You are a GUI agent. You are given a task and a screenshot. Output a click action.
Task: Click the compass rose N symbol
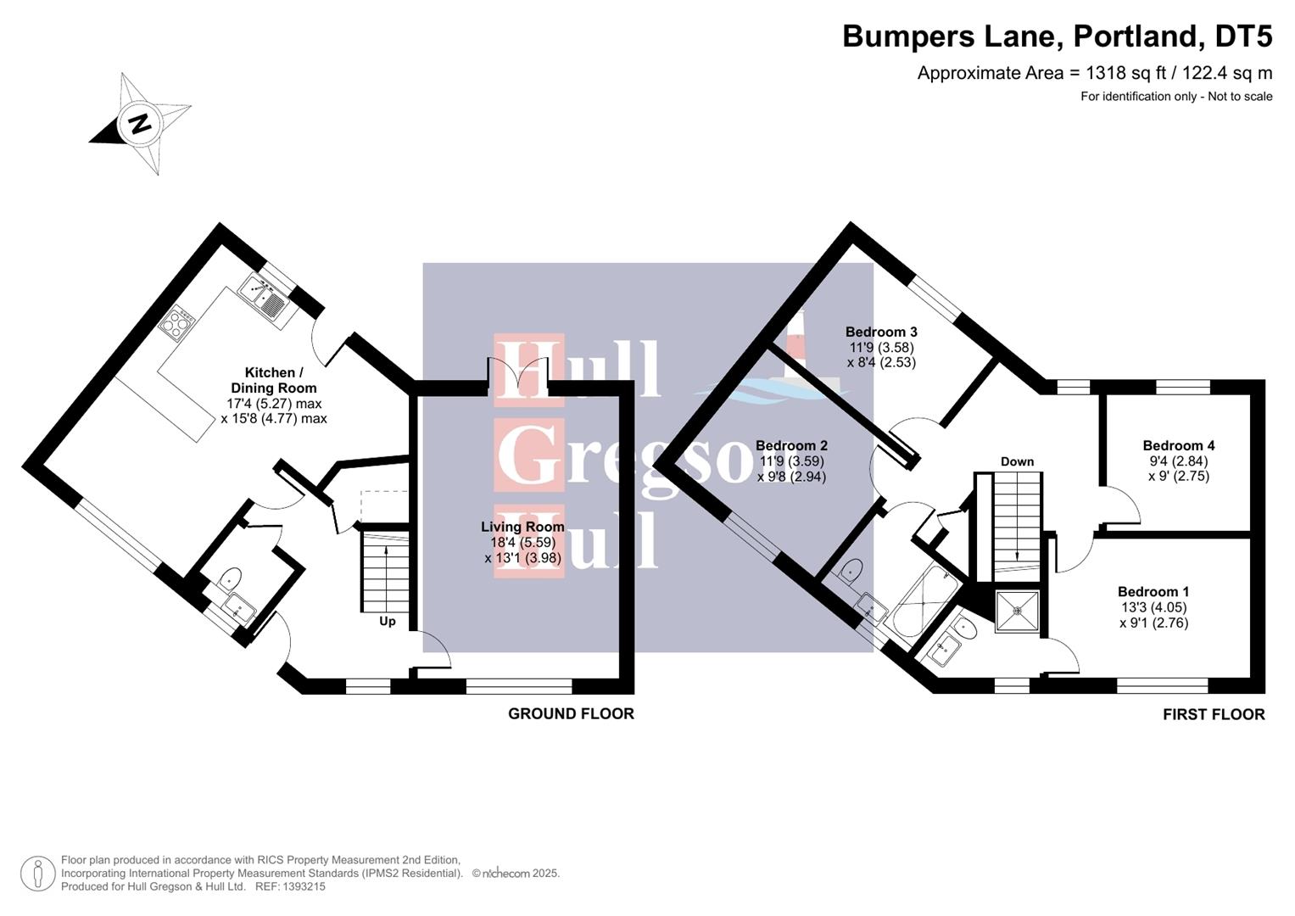138,123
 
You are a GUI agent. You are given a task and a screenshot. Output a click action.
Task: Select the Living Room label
522,527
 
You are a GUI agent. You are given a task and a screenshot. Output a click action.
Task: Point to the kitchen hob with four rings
179,323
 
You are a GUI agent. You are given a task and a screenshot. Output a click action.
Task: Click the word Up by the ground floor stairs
387,621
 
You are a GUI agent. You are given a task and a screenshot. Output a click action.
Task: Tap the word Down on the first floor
1017,461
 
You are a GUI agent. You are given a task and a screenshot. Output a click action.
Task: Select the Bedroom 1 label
1153,592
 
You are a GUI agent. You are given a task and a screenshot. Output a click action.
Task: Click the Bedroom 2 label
791,445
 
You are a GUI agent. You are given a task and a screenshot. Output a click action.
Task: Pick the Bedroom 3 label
881,332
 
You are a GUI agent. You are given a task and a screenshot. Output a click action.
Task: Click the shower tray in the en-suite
1017,611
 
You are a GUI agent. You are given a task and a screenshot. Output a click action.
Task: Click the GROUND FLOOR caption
571,714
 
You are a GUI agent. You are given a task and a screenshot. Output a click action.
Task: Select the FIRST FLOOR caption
1213,715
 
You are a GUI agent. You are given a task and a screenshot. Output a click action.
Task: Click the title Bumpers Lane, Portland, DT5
1057,36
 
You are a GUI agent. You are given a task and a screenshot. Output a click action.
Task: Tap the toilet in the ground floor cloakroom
229,581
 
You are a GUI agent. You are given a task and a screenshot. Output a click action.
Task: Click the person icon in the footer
38,874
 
